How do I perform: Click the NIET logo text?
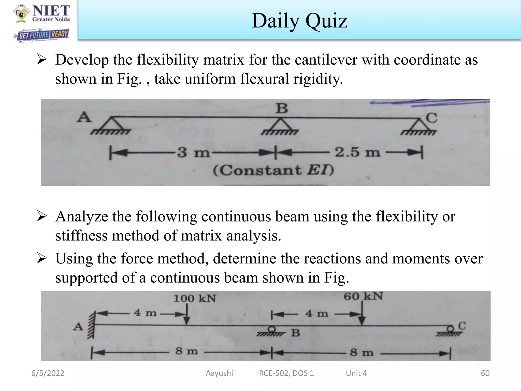(x=51, y=11)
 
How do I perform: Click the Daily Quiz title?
(x=299, y=21)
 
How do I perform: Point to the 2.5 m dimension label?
(x=357, y=152)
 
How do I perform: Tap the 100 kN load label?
(x=195, y=298)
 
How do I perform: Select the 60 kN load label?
(x=363, y=296)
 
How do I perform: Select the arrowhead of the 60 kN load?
(x=362, y=321)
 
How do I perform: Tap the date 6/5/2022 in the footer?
(x=48, y=373)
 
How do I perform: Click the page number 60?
(x=485, y=373)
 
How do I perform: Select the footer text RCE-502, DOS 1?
(x=286, y=373)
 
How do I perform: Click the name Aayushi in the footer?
(x=219, y=373)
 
